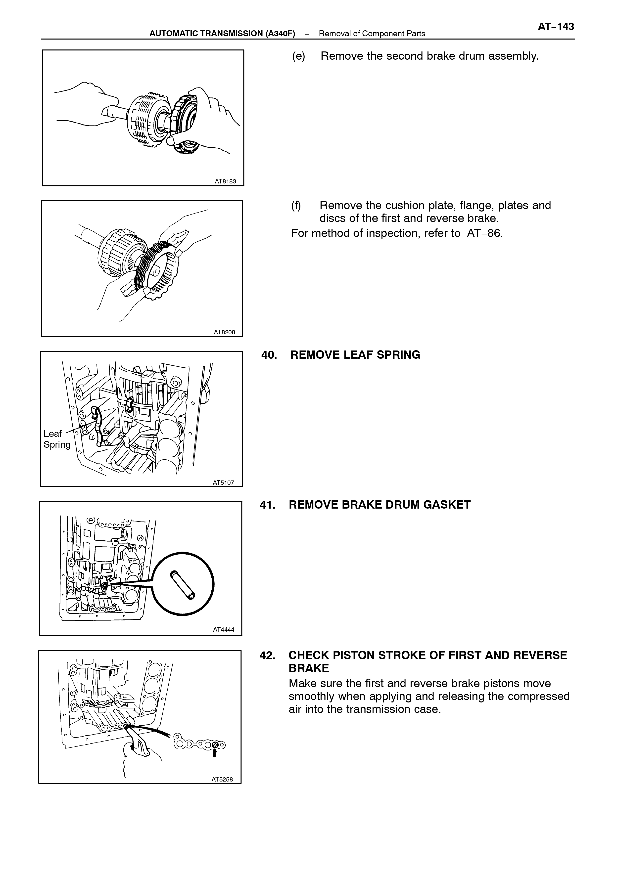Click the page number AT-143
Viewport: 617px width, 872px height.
pos(556,27)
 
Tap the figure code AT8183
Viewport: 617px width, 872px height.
pos(225,181)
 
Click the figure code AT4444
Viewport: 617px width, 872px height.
pos(223,629)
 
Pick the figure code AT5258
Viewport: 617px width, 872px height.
pos(222,779)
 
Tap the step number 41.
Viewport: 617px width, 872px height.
pos(268,505)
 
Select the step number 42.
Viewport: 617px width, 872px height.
pos(268,655)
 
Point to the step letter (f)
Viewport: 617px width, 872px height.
pos(296,206)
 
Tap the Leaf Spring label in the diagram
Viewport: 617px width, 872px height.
pos(57,439)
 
